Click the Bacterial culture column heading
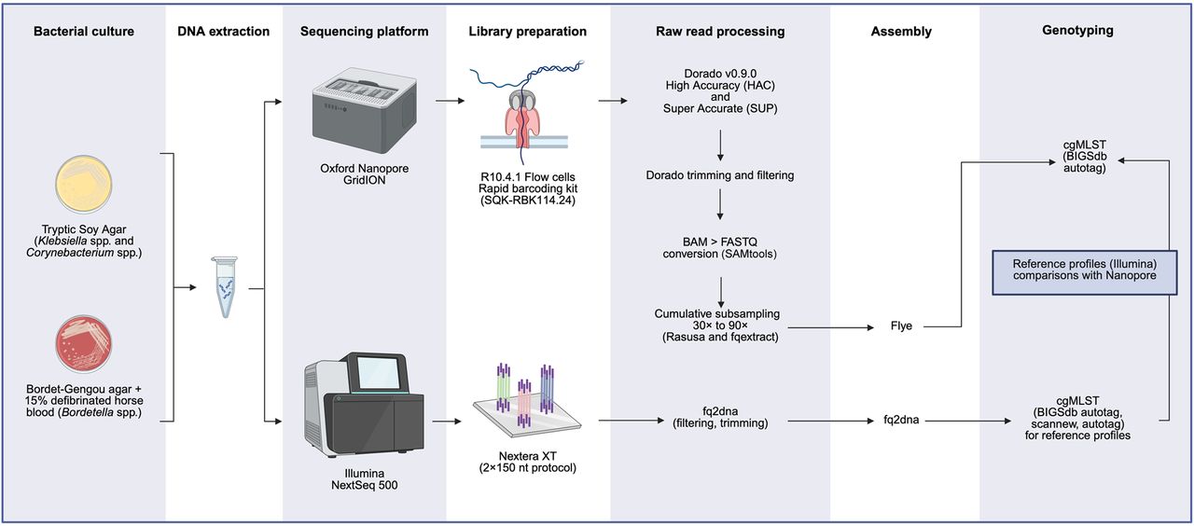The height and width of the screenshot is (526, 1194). pyautogui.click(x=84, y=32)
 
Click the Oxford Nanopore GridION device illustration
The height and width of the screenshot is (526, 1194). pyautogui.click(x=363, y=117)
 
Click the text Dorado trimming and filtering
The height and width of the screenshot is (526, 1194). pyautogui.click(x=720, y=174)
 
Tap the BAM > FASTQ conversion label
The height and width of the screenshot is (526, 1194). pyautogui.click(x=720, y=247)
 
